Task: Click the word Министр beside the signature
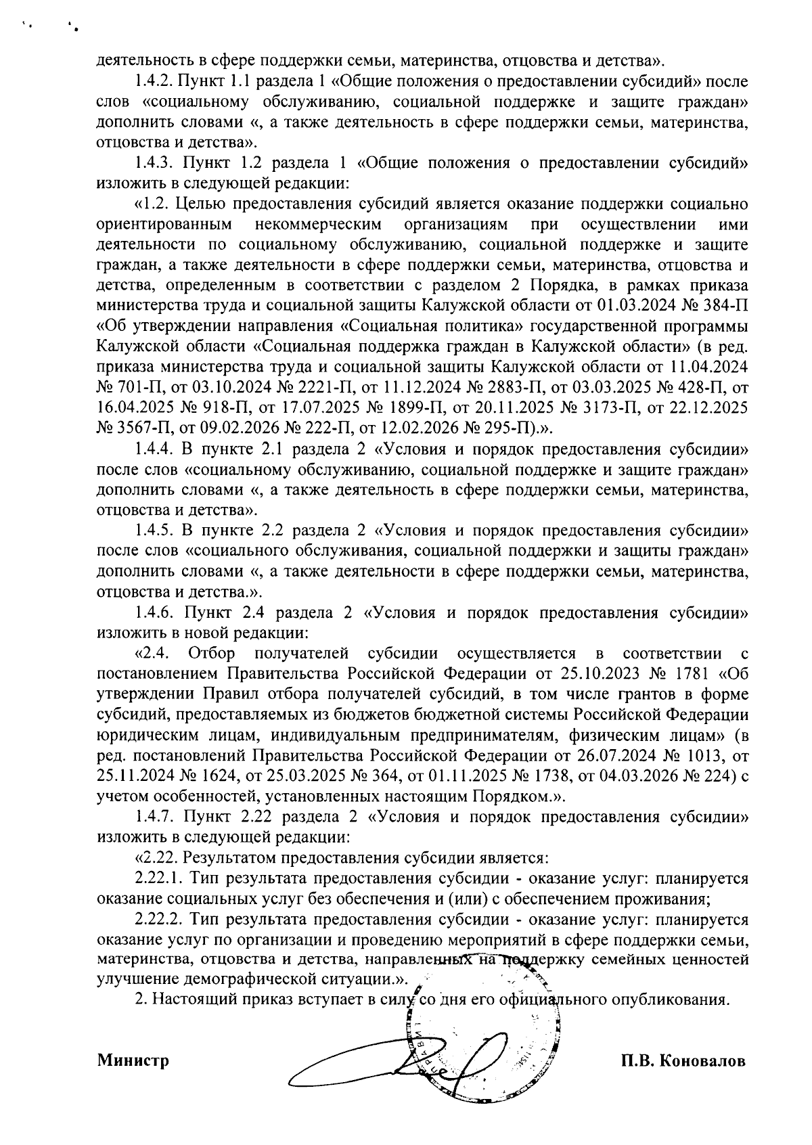click(133, 1060)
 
